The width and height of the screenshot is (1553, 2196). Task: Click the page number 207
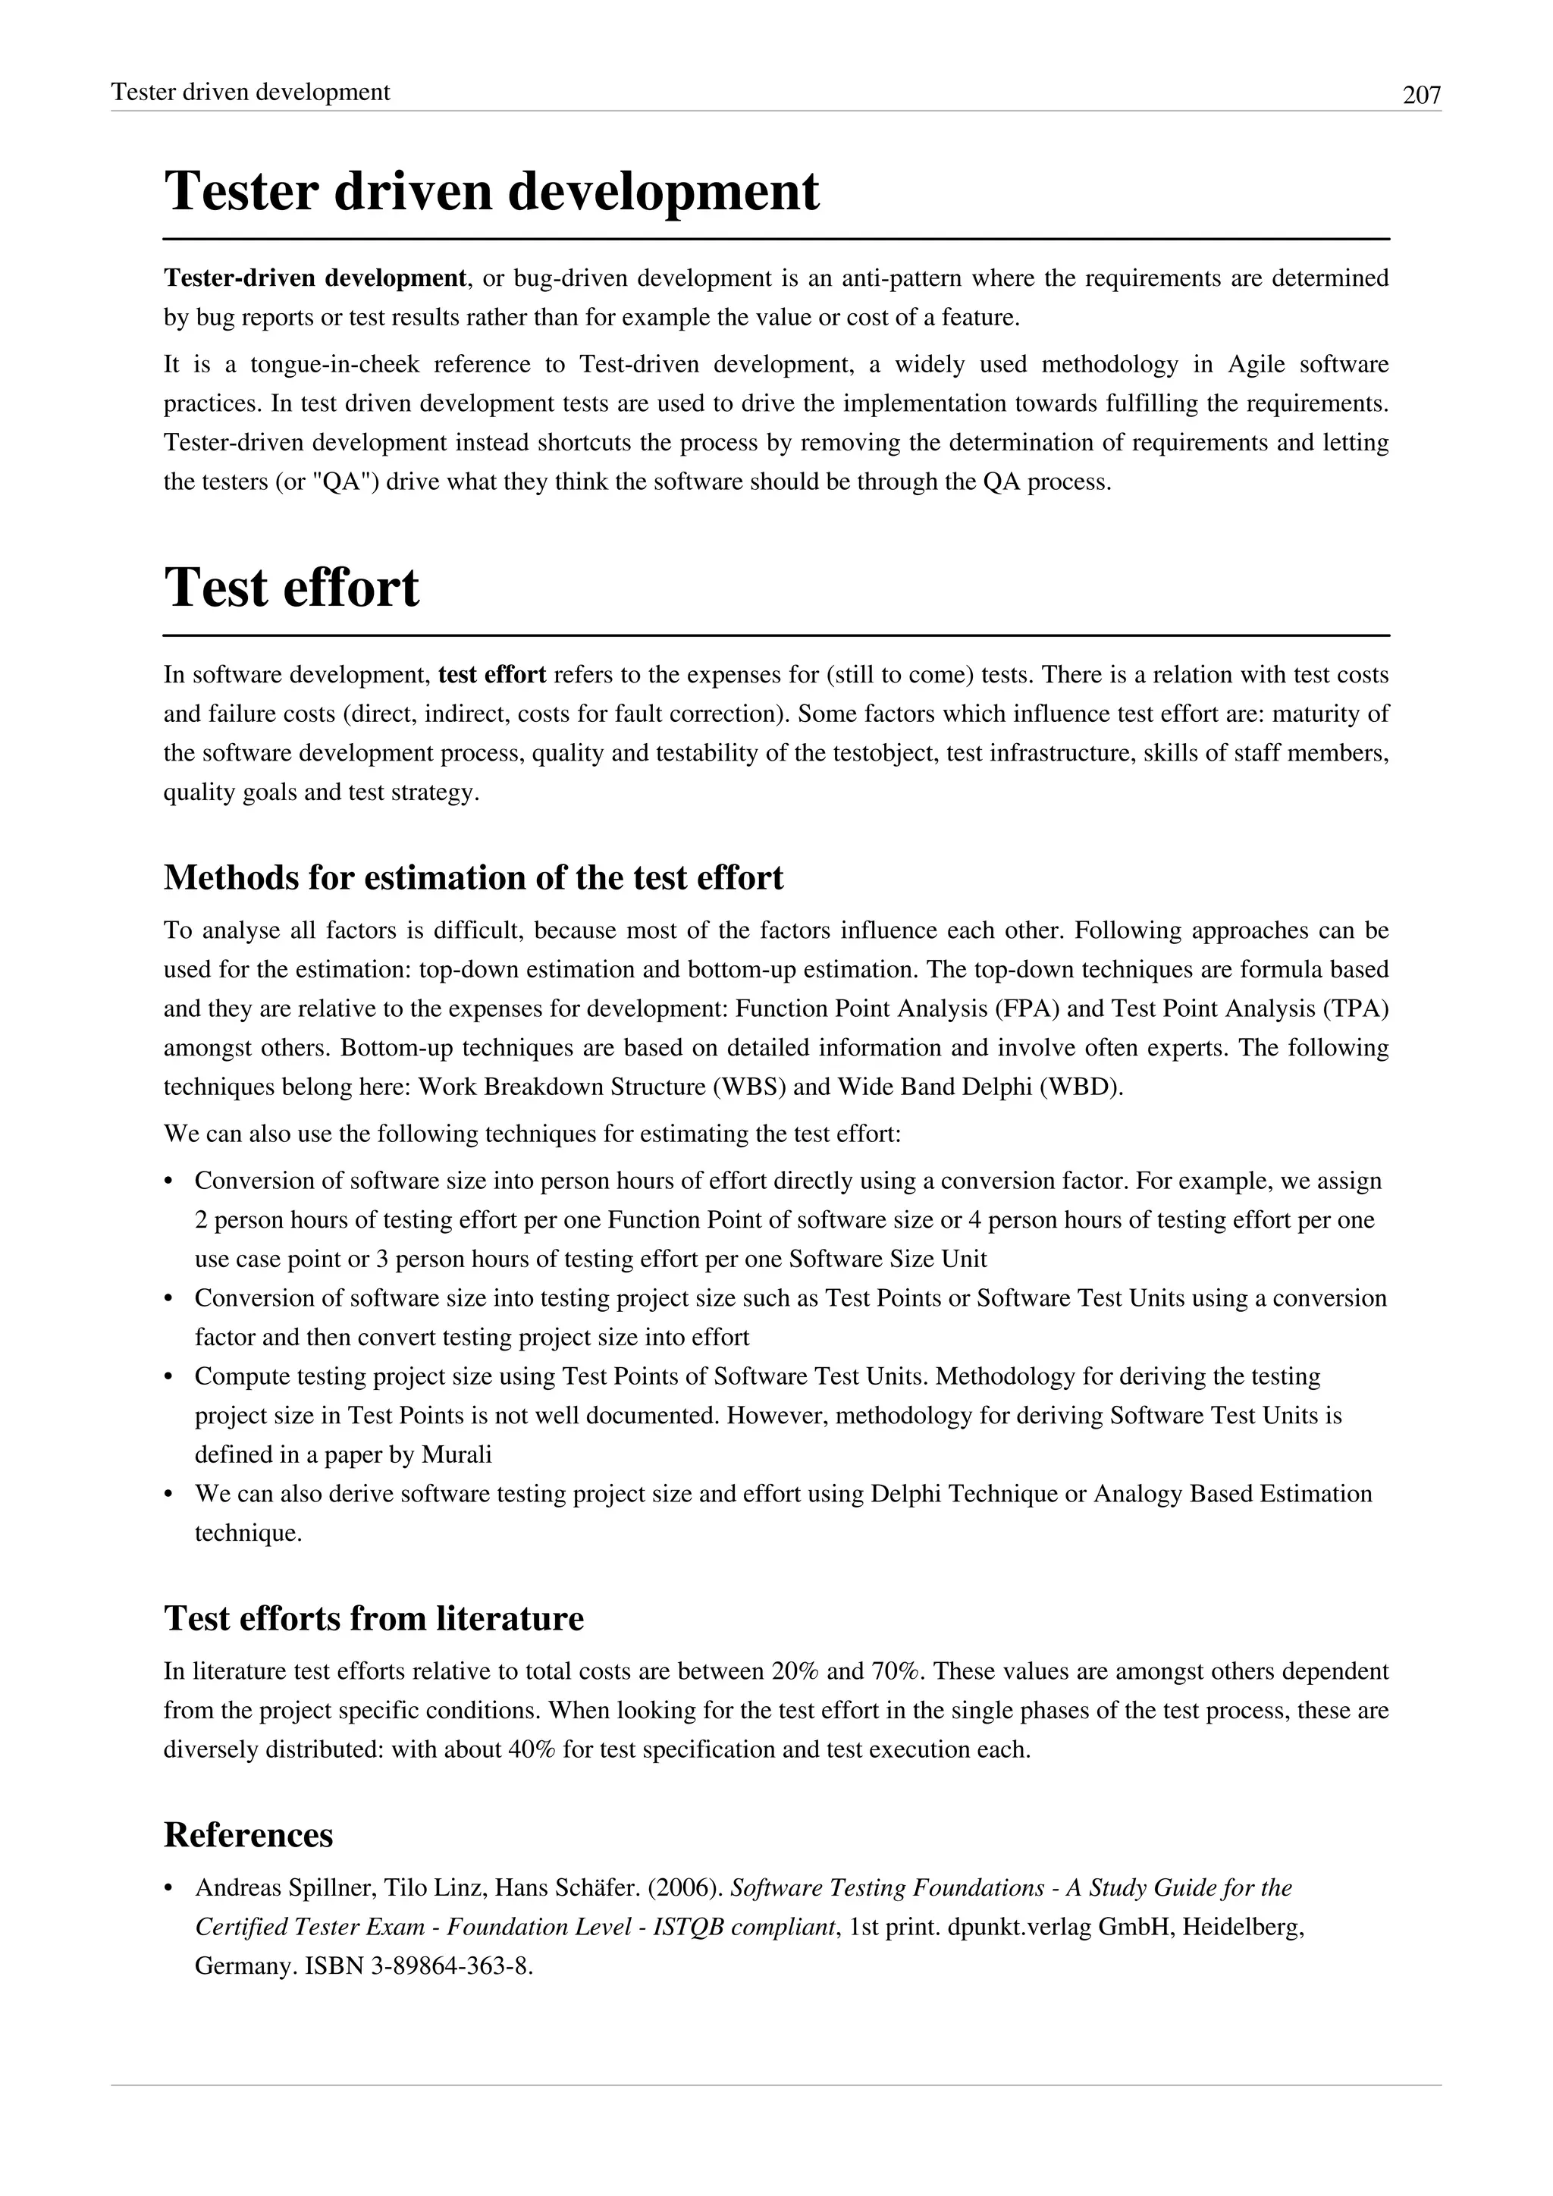[1421, 95]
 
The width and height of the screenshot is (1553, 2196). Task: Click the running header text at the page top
[250, 92]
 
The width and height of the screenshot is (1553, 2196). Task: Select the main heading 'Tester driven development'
[491, 190]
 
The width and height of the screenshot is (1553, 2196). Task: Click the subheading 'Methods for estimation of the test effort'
[473, 877]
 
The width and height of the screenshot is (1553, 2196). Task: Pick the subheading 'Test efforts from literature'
[374, 1618]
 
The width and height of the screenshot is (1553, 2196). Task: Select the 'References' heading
[249, 1834]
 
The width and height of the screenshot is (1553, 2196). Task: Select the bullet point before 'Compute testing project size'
[169, 1377]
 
